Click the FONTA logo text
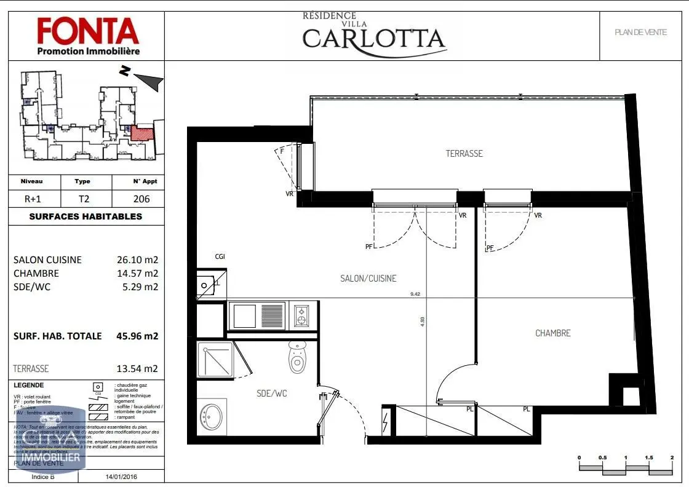(88, 30)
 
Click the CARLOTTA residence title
(374, 38)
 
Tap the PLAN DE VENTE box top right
(640, 33)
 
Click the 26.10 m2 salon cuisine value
(137, 259)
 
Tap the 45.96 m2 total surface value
(137, 336)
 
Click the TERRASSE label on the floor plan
(464, 154)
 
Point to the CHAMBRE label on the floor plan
(552, 333)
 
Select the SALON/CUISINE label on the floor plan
(368, 279)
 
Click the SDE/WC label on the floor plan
(271, 394)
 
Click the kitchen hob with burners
(303, 315)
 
